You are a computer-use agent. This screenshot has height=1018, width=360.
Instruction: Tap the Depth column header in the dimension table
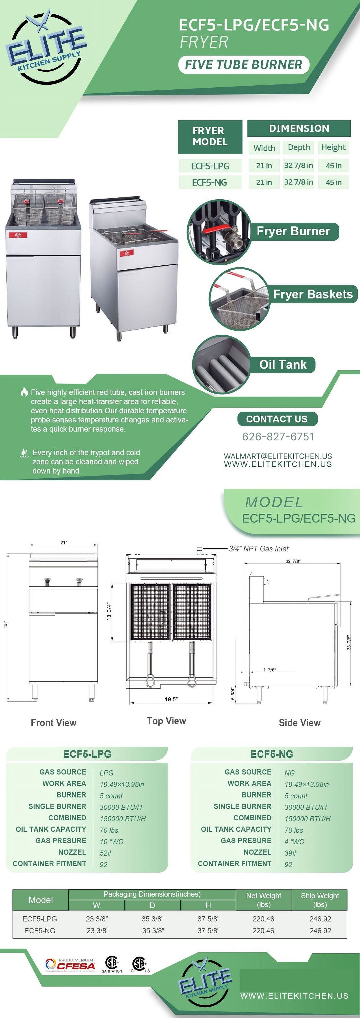[299, 147]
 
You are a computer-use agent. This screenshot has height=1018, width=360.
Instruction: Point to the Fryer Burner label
[293, 231]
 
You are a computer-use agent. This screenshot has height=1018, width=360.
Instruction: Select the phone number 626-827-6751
[278, 437]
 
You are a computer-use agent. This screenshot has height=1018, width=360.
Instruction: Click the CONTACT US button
[277, 419]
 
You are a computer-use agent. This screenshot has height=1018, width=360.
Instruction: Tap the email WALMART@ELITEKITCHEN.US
[278, 456]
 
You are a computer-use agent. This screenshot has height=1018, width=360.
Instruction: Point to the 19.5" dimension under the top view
[171, 699]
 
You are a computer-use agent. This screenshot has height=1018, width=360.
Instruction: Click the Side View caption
[299, 723]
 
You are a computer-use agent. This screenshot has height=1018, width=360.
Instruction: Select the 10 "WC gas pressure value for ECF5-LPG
[111, 842]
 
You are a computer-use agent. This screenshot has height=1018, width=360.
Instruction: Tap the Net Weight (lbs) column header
[263, 900]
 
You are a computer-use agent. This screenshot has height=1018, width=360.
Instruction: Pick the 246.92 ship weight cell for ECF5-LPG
[320, 919]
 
